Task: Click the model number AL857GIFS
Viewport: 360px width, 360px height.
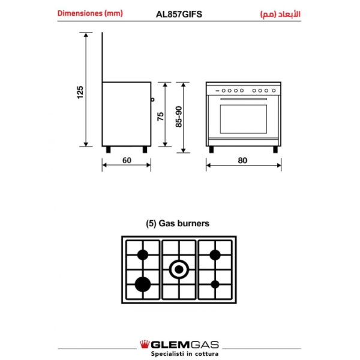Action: pyautogui.click(x=179, y=14)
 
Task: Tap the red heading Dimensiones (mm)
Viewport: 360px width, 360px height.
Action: pyautogui.click(x=90, y=13)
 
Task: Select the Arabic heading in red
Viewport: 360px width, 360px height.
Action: pyautogui.click(x=280, y=14)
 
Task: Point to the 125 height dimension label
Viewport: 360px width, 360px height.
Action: pyautogui.click(x=80, y=92)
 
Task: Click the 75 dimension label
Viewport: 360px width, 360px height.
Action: pyautogui.click(x=160, y=116)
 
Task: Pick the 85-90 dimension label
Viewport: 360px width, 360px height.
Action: pyautogui.click(x=179, y=116)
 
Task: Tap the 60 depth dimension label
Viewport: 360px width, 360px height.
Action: pyautogui.click(x=127, y=160)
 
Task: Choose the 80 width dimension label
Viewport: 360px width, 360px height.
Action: pyautogui.click(x=242, y=160)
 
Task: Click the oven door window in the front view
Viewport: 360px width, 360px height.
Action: pyautogui.click(x=244, y=119)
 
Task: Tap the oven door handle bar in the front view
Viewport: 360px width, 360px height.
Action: pyautogui.click(x=244, y=99)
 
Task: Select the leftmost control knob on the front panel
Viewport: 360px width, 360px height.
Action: pyautogui.click(x=223, y=91)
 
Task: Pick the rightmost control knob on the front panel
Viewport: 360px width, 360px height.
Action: pyautogui.click(x=274, y=91)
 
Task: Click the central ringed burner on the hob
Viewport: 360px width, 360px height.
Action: pyautogui.click(x=179, y=269)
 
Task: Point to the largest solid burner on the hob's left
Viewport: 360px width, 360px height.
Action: pyautogui.click(x=143, y=284)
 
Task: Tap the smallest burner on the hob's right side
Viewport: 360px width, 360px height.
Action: pyautogui.click(x=215, y=284)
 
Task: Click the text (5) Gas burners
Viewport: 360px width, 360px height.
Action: pyautogui.click(x=178, y=223)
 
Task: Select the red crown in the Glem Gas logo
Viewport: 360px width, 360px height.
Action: pyautogui.click(x=145, y=344)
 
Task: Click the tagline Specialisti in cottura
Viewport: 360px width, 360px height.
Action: pyautogui.click(x=184, y=353)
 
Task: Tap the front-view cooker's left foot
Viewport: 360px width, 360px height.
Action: pyautogui.click(x=211, y=149)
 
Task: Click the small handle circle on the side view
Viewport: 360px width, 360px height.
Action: pyautogui.click(x=152, y=100)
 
